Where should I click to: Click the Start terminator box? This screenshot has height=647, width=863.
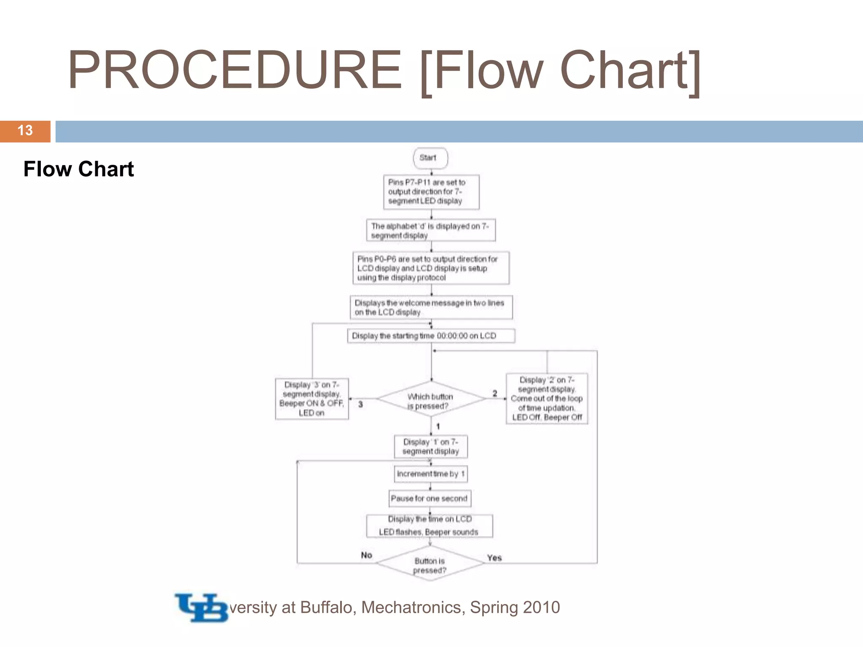pyautogui.click(x=430, y=158)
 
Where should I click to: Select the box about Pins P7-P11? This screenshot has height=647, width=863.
pyautogui.click(x=431, y=192)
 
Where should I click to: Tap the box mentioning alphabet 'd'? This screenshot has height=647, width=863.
pyautogui.click(x=431, y=230)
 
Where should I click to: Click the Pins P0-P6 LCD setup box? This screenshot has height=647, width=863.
pyautogui.click(x=431, y=268)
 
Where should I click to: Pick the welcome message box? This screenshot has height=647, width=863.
pyautogui.click(x=431, y=307)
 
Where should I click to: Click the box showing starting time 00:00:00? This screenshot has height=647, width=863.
pyautogui.click(x=431, y=336)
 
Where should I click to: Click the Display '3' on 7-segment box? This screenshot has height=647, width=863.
pyautogui.click(x=312, y=398)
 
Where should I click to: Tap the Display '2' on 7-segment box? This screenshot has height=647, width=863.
pyautogui.click(x=547, y=398)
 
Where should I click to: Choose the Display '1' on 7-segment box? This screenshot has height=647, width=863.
pyautogui.click(x=431, y=446)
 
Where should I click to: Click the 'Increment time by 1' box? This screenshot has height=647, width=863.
pyautogui.click(x=431, y=474)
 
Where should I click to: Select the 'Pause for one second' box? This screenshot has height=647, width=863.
pyautogui.click(x=430, y=498)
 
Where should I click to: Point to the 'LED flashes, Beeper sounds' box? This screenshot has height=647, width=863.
pyautogui.click(x=429, y=526)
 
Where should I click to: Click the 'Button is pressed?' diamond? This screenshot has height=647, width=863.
pyautogui.click(x=430, y=564)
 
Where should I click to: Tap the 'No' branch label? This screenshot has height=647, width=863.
pyautogui.click(x=366, y=555)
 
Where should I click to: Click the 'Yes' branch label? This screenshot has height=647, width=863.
pyautogui.click(x=494, y=558)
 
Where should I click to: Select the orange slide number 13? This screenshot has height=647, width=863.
pyautogui.click(x=25, y=131)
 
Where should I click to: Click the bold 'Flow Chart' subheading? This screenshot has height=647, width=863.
pyautogui.click(x=78, y=169)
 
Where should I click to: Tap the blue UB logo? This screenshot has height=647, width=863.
pyautogui.click(x=201, y=607)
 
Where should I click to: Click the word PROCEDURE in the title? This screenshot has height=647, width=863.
pyautogui.click(x=235, y=70)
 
